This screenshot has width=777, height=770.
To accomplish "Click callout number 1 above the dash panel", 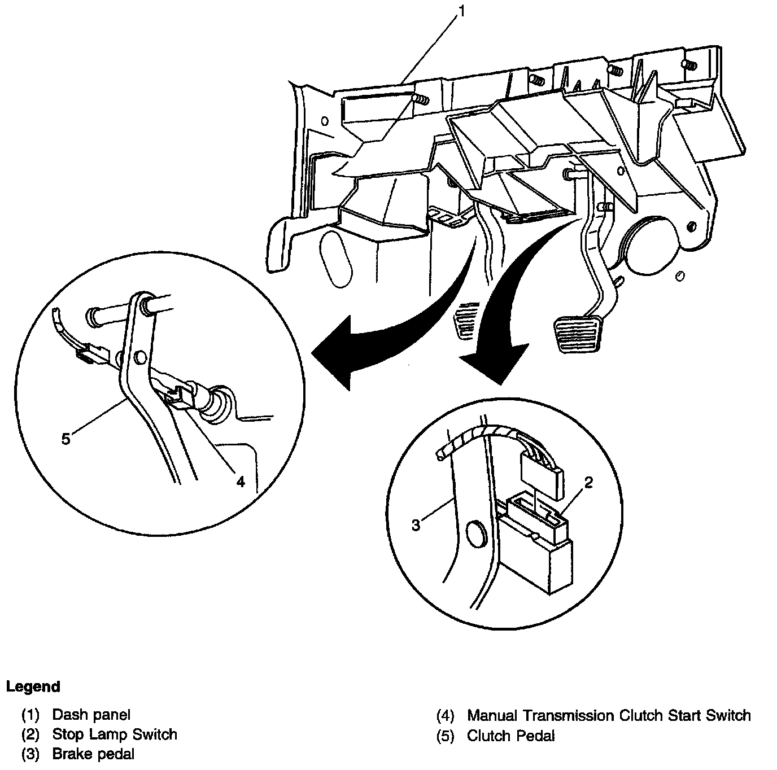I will (462, 11).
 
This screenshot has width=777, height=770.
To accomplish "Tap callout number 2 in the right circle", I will (588, 483).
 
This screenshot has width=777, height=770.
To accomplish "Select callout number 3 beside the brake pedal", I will (416, 525).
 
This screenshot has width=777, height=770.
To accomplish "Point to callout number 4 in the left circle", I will (241, 482).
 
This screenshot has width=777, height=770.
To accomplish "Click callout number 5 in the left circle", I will (66, 439).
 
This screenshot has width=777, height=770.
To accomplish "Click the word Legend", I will (33, 687).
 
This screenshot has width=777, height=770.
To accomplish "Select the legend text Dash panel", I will (91, 715).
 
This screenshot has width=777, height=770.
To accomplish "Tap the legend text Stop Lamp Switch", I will (115, 734).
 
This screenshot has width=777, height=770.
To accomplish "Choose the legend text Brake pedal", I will (93, 754).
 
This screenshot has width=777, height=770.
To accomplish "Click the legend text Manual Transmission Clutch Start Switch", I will (609, 716).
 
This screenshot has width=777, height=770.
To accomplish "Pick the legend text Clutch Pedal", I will (510, 736).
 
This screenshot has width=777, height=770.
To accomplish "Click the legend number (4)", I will (445, 716).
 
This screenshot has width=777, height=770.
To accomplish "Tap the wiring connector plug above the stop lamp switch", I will (542, 469).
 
